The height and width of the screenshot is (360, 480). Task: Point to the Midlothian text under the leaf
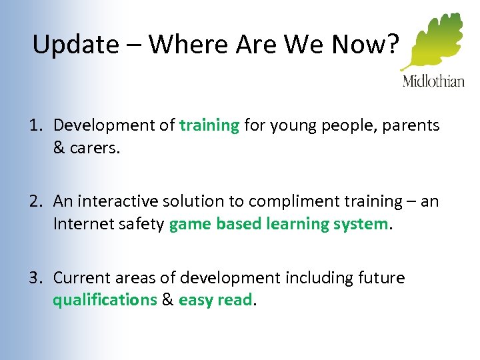[x=433, y=81]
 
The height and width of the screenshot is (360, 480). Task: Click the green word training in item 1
[x=209, y=125]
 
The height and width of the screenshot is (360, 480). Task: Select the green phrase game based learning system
[x=279, y=225]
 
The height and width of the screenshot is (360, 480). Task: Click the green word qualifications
[x=105, y=300]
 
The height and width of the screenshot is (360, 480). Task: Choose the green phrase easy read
[x=215, y=300]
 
